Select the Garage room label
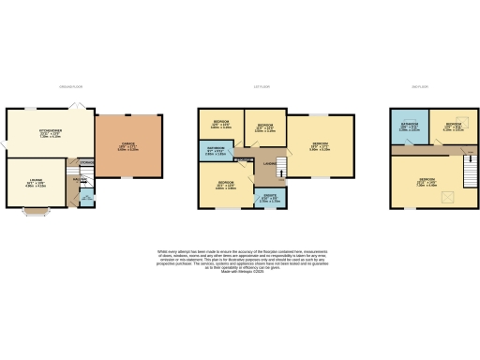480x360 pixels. point(127,147)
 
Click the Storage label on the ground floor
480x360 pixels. point(87,162)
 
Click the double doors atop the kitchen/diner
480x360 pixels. point(82,107)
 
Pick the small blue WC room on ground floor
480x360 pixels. point(85,200)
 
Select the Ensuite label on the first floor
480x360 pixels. point(268,198)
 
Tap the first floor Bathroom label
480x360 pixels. point(215,151)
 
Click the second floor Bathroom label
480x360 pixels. point(409,127)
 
